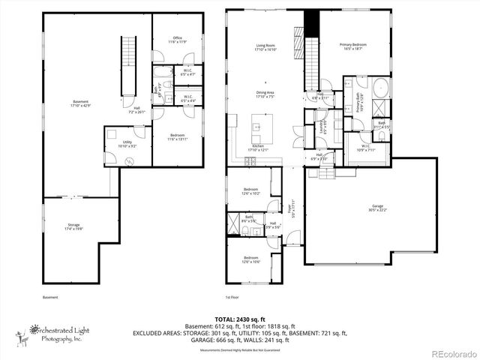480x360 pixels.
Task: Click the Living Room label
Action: pyautogui.click(x=265, y=48)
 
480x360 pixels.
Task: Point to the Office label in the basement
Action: pyautogui.click(x=178, y=40)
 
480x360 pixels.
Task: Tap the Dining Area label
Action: pyautogui.click(x=265, y=94)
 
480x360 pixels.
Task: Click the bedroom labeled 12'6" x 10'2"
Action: pyautogui.click(x=251, y=191)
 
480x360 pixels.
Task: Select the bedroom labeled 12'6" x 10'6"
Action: pyautogui.click(x=251, y=260)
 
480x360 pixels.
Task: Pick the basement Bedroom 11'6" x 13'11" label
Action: pyautogui.click(x=178, y=137)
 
